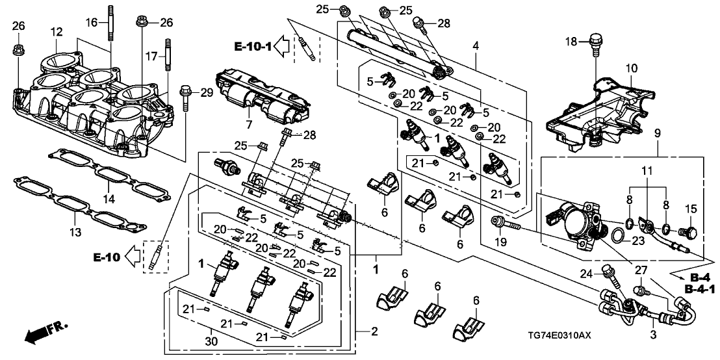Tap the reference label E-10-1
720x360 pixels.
coord(253,46)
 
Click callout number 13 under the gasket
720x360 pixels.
coord(76,233)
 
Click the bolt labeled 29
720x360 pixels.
coord(186,97)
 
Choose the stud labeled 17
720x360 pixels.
coord(168,55)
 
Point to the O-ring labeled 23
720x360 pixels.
coord(619,236)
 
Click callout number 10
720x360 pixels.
coord(632,68)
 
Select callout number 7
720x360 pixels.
coord(249,125)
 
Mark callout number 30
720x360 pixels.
coord(212,342)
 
